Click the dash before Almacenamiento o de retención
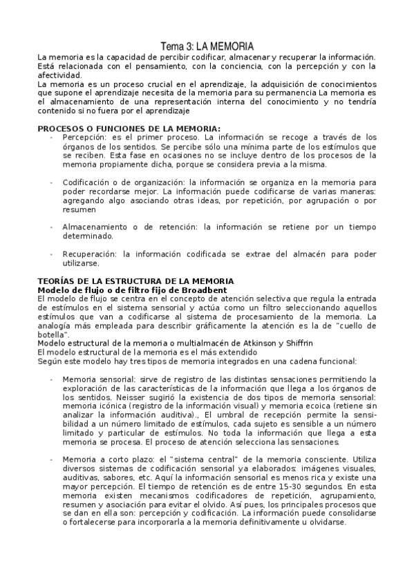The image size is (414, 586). click(x=51, y=227)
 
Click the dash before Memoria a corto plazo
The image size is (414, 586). click(x=51, y=459)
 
